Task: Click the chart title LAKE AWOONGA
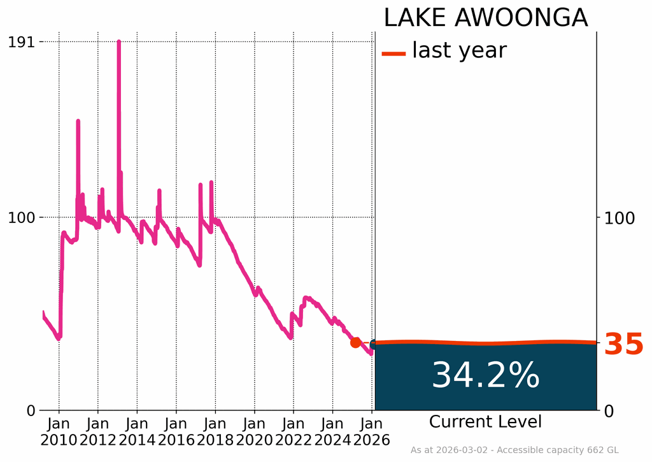(485, 18)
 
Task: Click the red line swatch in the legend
(393, 54)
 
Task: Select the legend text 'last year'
(459, 50)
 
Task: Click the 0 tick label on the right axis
(608, 410)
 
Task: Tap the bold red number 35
(623, 345)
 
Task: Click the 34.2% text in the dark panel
(485, 375)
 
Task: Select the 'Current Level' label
(485, 422)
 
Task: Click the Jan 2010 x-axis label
(59, 431)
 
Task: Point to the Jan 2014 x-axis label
(137, 431)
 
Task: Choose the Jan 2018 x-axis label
(215, 431)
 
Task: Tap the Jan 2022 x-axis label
(294, 431)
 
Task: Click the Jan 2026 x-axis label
(372, 431)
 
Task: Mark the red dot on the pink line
(355, 343)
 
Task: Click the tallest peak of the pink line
(118, 43)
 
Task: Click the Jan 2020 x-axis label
(254, 431)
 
